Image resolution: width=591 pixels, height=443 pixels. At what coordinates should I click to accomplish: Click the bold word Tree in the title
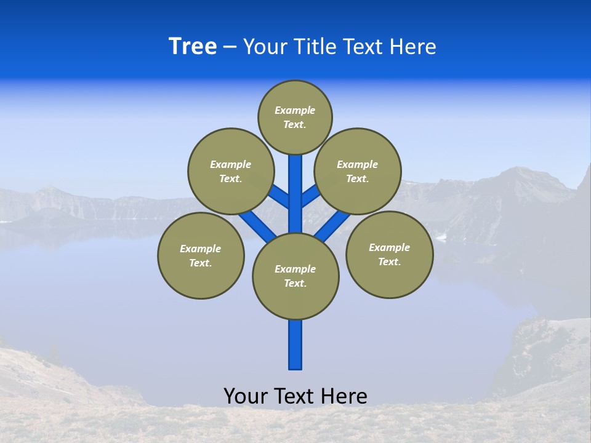coord(193,46)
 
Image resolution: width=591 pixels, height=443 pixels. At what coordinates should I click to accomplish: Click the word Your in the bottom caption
coord(246,396)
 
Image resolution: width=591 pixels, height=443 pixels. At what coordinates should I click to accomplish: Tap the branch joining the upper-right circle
coord(310,196)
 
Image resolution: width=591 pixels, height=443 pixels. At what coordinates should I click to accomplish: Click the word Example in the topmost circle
coord(295,111)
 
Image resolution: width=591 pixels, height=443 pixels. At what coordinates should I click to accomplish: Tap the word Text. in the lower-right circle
coord(389,261)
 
